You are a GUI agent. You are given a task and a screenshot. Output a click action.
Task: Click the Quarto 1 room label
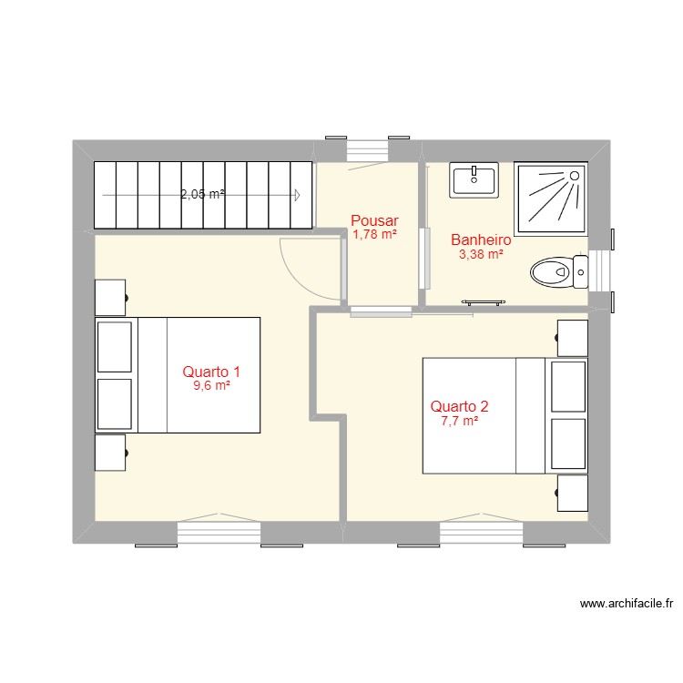[x=211, y=372]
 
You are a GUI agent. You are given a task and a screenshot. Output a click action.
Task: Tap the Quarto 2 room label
[x=460, y=406]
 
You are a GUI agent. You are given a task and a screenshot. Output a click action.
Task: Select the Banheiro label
[x=481, y=240]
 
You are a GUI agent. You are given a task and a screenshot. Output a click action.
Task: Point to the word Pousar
[x=374, y=220]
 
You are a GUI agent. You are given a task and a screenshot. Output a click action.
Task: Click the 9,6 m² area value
[x=211, y=386]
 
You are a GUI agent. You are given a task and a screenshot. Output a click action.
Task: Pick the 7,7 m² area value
[x=460, y=421]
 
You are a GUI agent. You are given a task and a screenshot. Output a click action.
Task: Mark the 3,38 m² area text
[x=481, y=255]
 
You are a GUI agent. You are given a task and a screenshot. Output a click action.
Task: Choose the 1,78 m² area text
[x=374, y=235]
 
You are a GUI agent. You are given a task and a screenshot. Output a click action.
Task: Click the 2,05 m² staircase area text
[x=202, y=194]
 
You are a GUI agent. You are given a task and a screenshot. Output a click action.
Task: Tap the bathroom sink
[x=474, y=180]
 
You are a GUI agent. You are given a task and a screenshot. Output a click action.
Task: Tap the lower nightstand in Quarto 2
[x=572, y=493]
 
